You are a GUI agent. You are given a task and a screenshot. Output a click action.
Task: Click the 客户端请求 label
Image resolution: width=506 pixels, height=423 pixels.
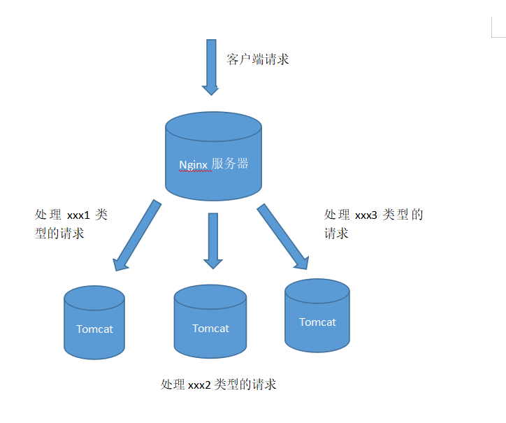[x=257, y=59]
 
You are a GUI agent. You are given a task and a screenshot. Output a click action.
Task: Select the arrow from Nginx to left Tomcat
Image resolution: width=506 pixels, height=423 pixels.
[x=138, y=235]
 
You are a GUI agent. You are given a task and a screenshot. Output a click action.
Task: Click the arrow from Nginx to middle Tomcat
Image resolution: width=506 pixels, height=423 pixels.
[x=212, y=238]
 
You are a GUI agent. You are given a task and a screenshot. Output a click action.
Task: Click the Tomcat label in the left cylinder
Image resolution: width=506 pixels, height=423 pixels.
[x=94, y=329]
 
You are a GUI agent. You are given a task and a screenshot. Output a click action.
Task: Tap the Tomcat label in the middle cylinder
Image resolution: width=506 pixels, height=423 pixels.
[x=210, y=329]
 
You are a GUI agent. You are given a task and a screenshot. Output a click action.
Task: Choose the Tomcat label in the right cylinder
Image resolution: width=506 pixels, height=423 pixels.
[x=317, y=322]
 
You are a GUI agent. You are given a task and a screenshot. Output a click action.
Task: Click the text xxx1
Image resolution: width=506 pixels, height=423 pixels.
[x=79, y=215]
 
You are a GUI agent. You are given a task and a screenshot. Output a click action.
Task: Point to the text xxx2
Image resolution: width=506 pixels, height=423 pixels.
[x=199, y=385]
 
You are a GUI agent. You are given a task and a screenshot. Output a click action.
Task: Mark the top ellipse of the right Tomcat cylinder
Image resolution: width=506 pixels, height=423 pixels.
[x=317, y=291]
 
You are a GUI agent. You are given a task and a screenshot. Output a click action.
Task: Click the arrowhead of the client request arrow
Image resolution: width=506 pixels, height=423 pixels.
[x=210, y=89]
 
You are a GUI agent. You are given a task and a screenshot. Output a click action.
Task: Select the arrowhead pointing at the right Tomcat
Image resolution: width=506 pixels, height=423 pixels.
[x=301, y=262]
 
